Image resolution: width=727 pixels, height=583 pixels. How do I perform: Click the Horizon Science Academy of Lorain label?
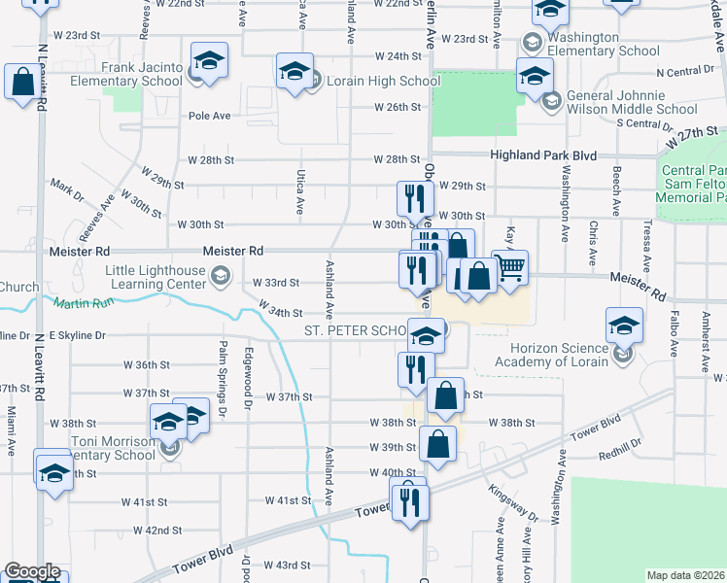coord(550,355)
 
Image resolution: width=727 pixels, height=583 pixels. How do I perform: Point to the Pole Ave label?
coord(210,116)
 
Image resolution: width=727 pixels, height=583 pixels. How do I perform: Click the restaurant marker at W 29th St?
coord(414,198)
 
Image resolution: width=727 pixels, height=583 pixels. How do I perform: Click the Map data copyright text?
coord(686,575)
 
